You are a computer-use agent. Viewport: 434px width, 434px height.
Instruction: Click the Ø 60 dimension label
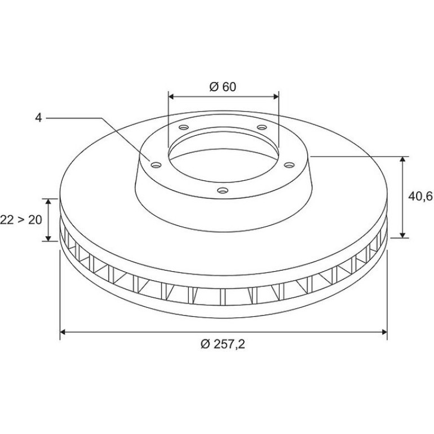pos(223,87)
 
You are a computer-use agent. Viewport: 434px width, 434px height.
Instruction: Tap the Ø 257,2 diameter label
pos(223,344)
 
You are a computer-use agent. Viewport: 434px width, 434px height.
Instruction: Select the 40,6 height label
pos(420,196)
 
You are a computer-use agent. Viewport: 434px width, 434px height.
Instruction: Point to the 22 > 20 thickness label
pos(21,220)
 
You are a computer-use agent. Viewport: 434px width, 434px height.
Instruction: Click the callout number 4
pos(38,118)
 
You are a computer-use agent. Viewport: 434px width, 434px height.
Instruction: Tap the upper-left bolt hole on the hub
pos(184,127)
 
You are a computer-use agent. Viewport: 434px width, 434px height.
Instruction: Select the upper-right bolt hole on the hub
pos(262,127)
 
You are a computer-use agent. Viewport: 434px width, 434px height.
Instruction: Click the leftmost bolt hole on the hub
pos(156,165)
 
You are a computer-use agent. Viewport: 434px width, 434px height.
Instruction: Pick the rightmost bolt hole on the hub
pos(289,165)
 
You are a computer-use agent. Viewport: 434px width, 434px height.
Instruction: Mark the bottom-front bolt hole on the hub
pos(223,191)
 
